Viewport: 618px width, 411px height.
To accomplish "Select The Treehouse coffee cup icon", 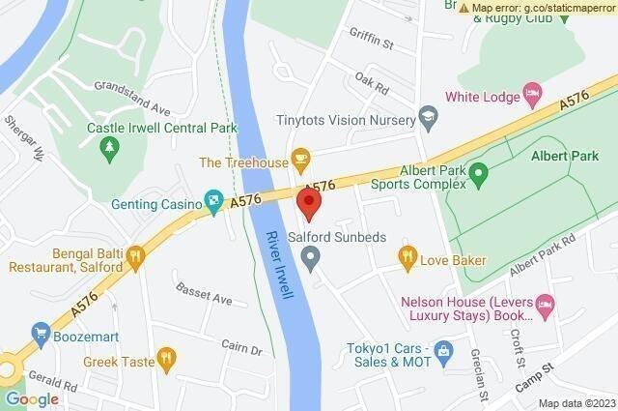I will (x=300, y=158).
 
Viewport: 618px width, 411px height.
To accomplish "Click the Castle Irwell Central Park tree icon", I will (x=108, y=146).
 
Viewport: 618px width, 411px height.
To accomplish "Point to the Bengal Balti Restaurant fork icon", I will (x=134, y=256).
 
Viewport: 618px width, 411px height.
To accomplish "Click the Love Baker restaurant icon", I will (x=407, y=257).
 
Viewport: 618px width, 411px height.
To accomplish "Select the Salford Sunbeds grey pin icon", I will (x=310, y=256).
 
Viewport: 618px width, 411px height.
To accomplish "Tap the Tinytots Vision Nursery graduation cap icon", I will (x=426, y=118).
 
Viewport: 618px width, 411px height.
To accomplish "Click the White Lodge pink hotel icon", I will (x=531, y=94).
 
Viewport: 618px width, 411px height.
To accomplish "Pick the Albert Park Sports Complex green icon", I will (x=475, y=175).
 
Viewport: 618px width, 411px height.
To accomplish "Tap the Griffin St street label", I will (x=376, y=43).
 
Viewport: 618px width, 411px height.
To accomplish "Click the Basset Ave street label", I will (x=204, y=294).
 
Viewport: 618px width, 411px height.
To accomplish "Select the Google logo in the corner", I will (x=32, y=398).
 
